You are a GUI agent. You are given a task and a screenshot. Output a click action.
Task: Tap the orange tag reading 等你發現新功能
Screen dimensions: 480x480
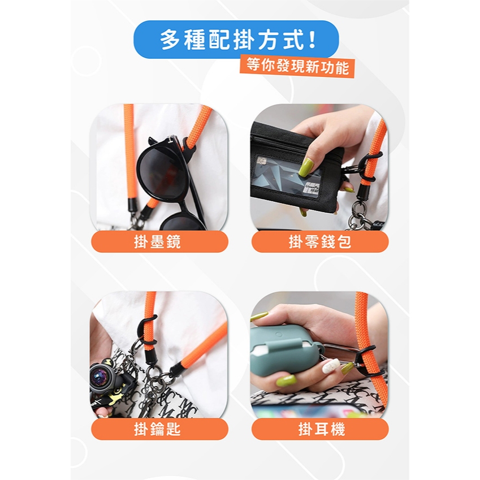[297, 66]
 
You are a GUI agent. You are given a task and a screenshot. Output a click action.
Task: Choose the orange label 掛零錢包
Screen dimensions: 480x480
[320, 241]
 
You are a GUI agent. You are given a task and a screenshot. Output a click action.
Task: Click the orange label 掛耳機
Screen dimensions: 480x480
[320, 429]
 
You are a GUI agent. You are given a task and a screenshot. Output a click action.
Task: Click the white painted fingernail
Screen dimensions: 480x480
[330, 366]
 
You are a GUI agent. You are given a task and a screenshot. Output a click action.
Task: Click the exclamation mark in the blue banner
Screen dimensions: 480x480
[312, 40]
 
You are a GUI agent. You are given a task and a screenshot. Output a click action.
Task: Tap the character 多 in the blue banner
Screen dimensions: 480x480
[170, 40]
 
